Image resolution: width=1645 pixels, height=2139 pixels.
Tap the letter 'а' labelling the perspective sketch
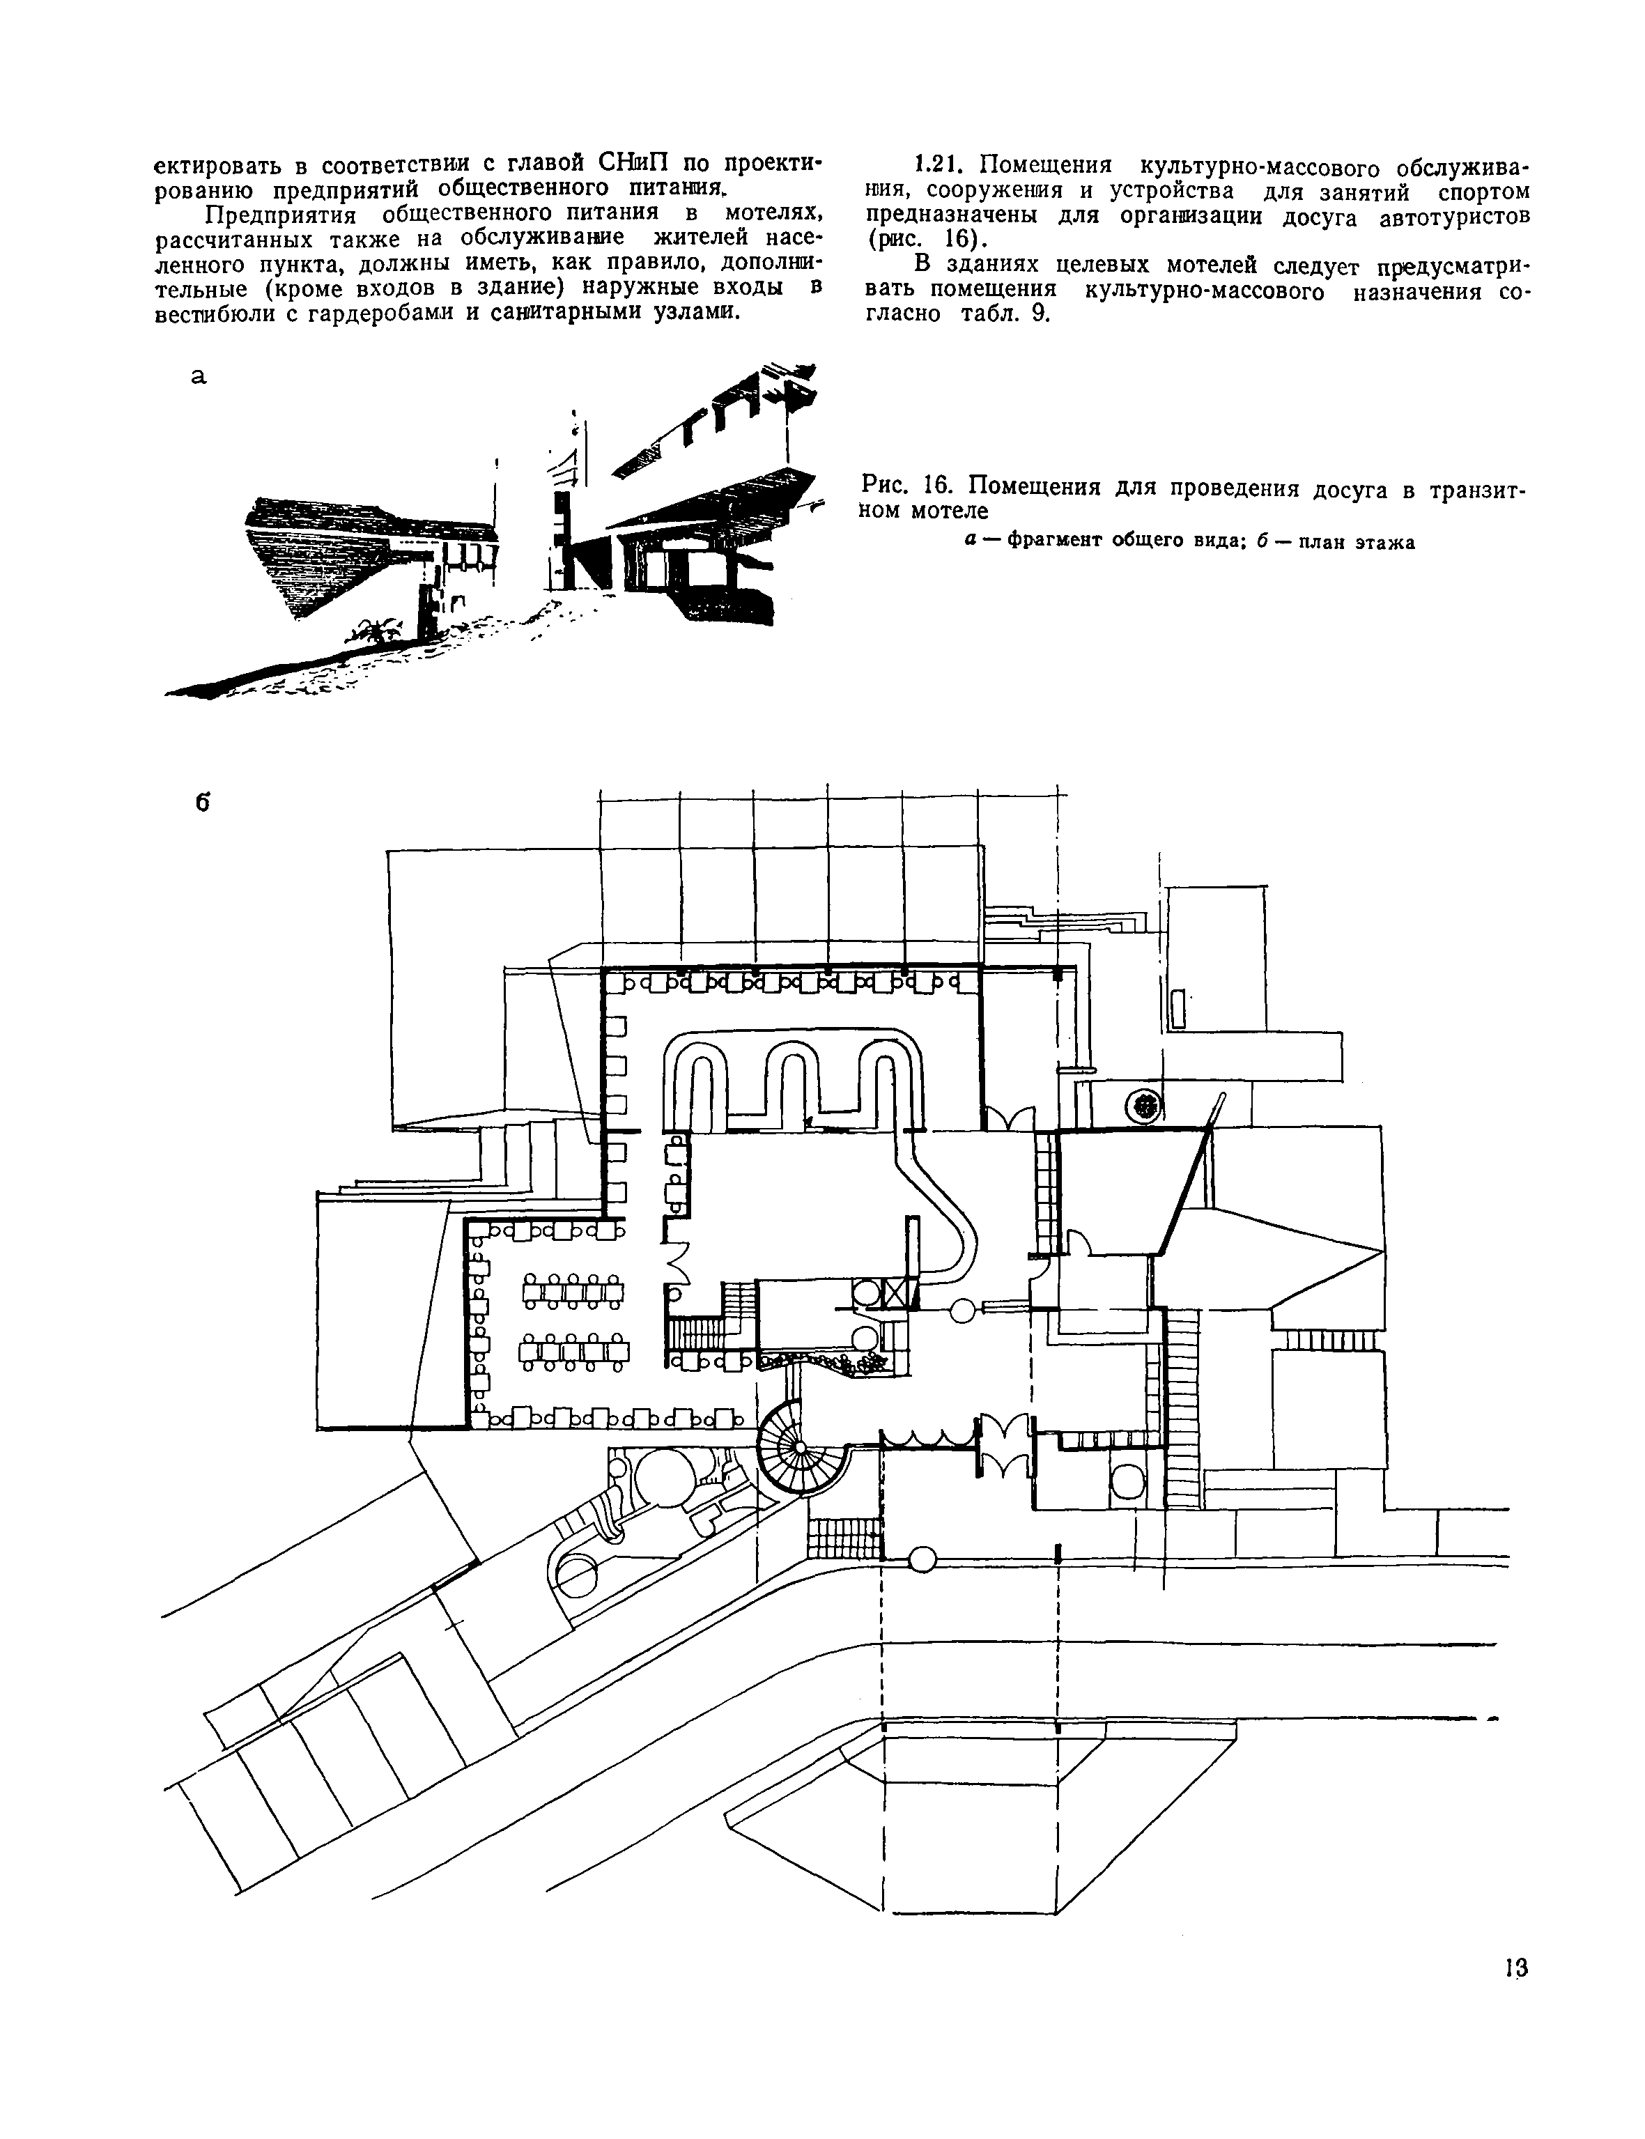point(199,377)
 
